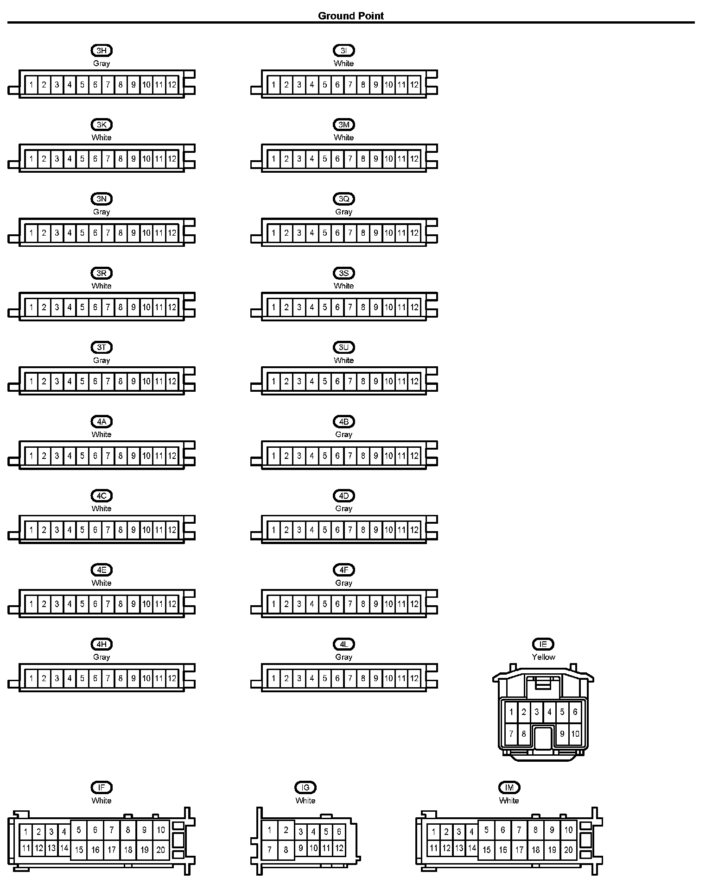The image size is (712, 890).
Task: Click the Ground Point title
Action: pos(351,16)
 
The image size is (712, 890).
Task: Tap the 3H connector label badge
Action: pos(102,50)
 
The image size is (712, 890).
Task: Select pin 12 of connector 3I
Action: pos(414,85)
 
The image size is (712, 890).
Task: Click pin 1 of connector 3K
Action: pos(31,159)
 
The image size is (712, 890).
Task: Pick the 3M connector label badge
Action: pos(343,125)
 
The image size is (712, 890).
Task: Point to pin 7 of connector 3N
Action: pos(108,233)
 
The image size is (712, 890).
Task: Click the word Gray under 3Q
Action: pos(343,212)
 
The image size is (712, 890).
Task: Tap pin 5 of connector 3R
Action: pos(83,307)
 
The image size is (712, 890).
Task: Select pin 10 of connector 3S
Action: pos(388,307)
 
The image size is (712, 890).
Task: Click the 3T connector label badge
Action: pos(102,347)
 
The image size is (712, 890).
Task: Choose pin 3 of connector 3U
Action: pos(299,382)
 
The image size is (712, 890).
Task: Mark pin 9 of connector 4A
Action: pos(133,456)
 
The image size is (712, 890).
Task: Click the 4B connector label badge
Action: pos(343,421)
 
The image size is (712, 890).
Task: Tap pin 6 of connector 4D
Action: pos(337,530)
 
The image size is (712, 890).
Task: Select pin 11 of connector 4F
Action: pos(401,604)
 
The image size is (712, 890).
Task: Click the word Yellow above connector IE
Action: pos(543,657)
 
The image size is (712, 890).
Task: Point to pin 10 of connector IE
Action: pos(575,733)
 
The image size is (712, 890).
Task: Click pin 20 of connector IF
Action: pos(160,850)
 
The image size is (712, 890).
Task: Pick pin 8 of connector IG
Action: pos(286,850)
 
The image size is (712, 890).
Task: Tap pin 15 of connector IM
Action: pos(486,850)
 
